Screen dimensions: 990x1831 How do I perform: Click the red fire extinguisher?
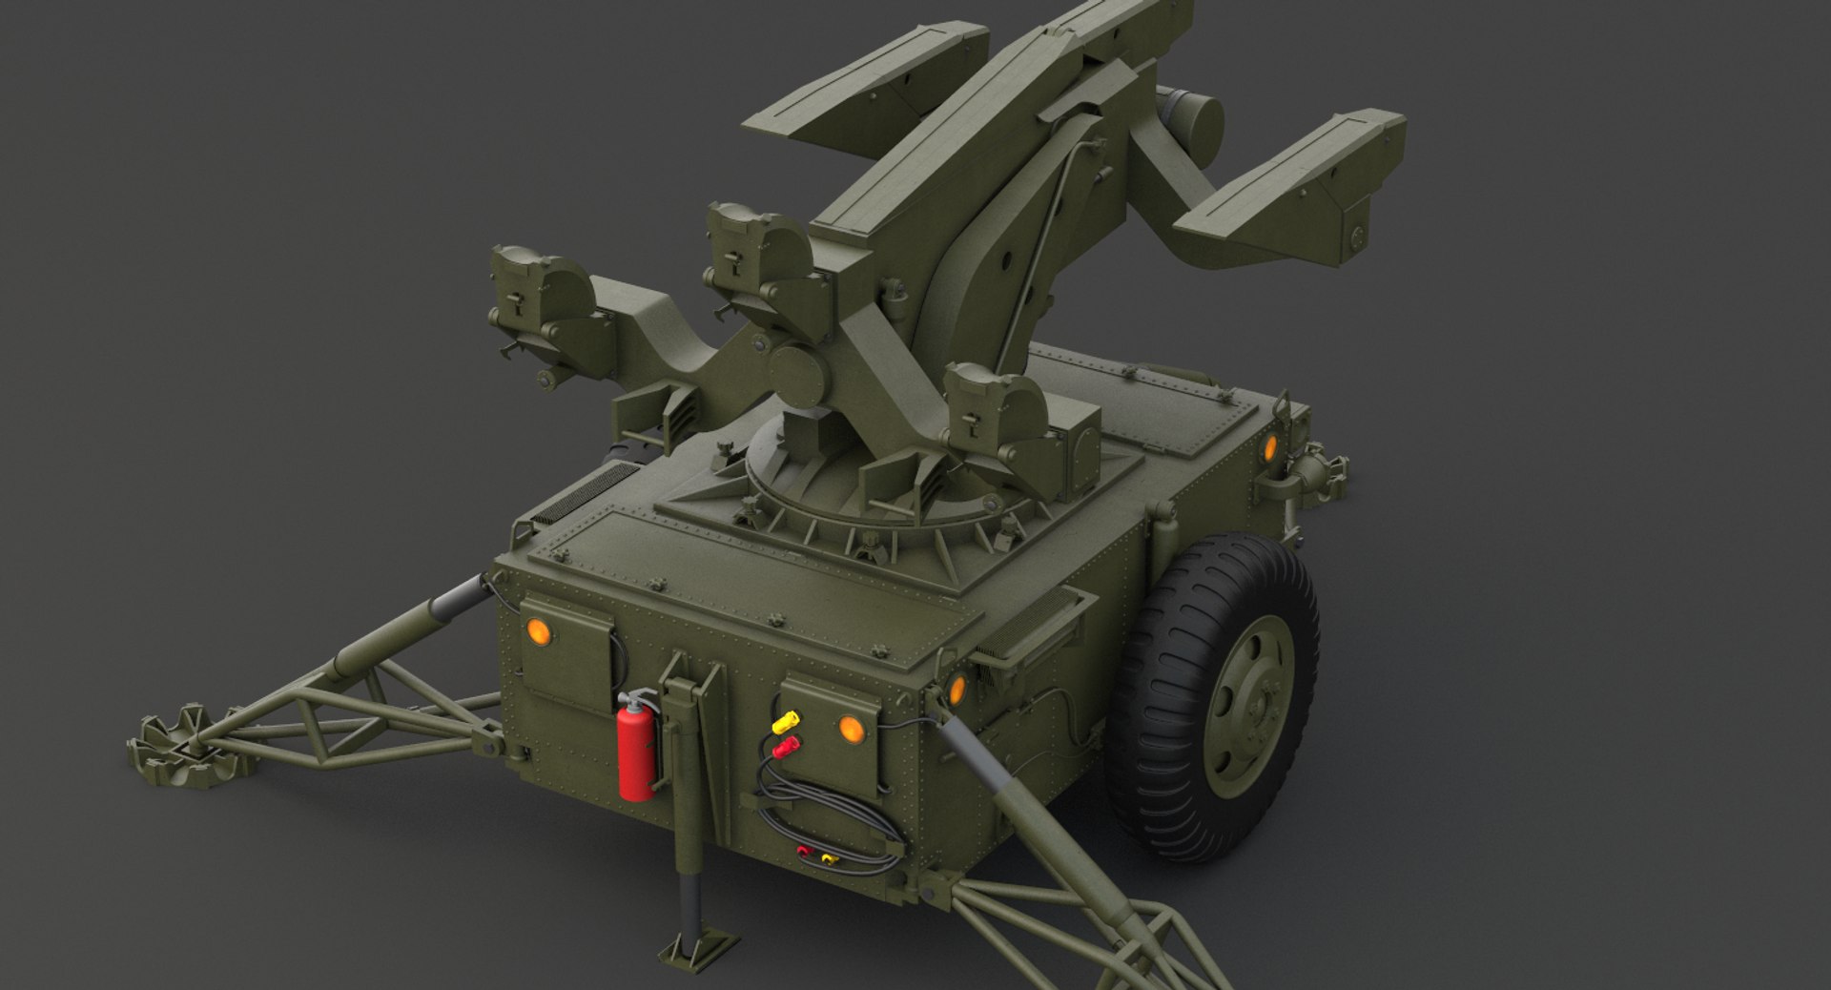(x=636, y=750)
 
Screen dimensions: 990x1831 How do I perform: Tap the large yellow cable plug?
(x=787, y=720)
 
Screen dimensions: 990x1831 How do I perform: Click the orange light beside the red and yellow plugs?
(x=851, y=729)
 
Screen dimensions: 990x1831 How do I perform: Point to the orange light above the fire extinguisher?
(x=538, y=631)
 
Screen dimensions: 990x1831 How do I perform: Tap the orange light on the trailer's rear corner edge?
(x=957, y=687)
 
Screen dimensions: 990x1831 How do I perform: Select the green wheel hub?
(x=1250, y=707)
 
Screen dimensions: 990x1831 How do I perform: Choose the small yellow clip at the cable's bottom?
(x=828, y=858)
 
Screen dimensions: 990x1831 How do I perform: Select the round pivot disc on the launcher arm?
(x=797, y=375)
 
